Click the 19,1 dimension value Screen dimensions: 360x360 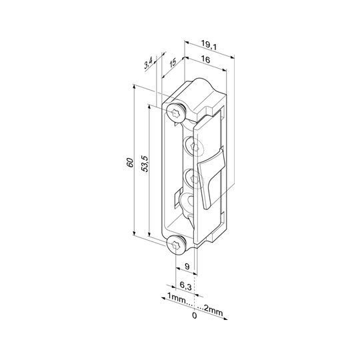209,45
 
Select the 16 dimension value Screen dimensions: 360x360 205,60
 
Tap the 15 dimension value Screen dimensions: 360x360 173,63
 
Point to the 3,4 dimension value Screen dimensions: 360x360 148,63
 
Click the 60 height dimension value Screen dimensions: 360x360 130,163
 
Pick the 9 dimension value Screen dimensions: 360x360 187,266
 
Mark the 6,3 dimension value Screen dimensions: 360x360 185,286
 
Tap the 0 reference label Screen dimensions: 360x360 194,316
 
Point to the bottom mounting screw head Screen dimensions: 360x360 176,245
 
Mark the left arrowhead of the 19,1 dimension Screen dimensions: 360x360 187,43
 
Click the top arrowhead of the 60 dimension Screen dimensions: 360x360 133,87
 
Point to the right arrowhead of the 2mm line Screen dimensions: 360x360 225,319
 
